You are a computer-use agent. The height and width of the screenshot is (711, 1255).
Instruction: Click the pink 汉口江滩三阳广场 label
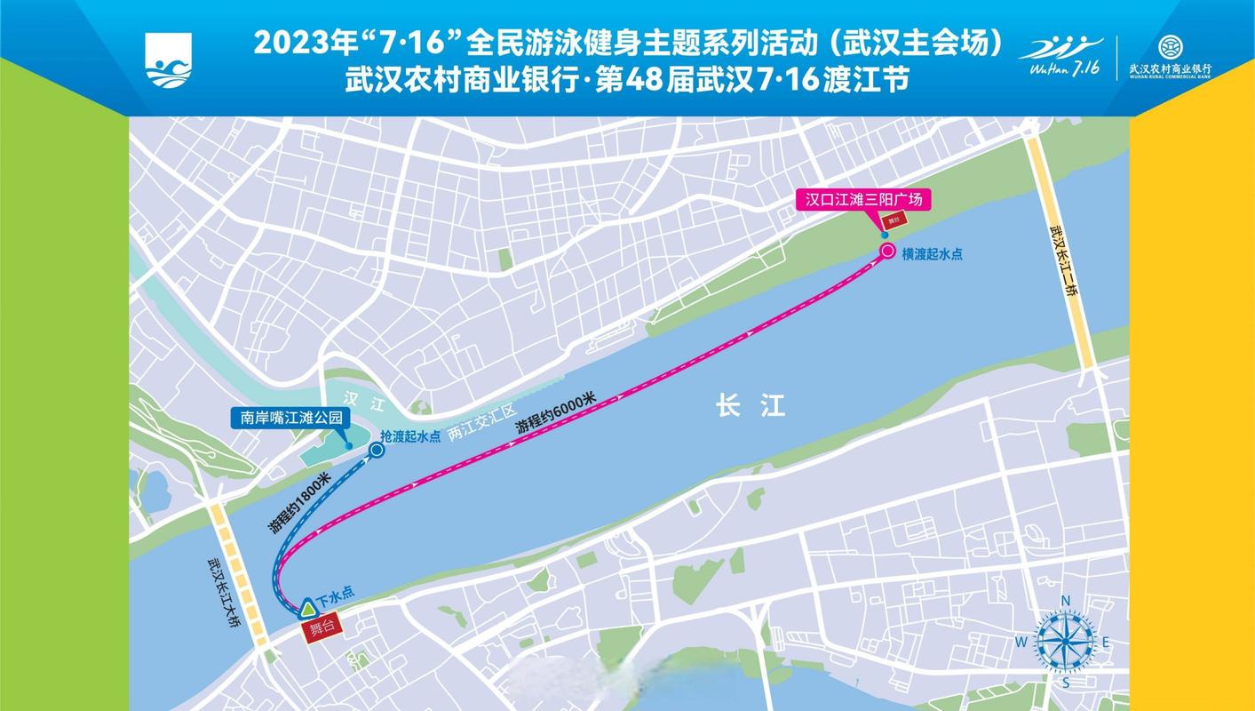[863, 200]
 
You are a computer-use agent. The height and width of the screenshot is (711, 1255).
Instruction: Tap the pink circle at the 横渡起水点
[886, 252]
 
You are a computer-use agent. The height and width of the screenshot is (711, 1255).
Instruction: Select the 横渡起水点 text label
[932, 254]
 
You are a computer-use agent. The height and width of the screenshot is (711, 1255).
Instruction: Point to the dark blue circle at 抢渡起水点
[377, 451]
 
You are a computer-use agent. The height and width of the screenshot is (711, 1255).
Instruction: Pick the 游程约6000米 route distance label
[556, 414]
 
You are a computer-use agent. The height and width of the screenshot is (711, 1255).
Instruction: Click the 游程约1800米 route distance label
[298, 503]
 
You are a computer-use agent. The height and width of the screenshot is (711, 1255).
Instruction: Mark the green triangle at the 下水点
[307, 609]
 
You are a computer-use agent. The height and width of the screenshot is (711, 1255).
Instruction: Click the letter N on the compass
[1066, 600]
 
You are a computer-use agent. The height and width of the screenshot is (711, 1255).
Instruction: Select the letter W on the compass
[1021, 643]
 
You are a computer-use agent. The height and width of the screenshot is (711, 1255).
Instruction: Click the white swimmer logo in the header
[169, 60]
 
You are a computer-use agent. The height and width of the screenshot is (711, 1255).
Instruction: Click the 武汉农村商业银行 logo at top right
[1170, 56]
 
